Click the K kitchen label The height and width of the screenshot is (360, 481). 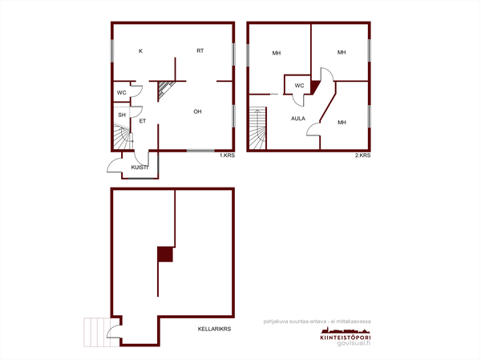click(140, 51)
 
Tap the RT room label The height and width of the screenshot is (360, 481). click(200, 51)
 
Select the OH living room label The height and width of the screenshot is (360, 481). click(197, 111)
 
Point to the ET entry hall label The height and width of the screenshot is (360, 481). click(143, 121)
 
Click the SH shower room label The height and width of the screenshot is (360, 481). click(122, 115)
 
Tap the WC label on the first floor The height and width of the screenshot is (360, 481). click(122, 92)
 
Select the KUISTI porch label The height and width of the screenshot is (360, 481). click(139, 168)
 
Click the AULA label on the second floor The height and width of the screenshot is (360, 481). click(298, 119)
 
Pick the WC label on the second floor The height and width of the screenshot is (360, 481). click(299, 85)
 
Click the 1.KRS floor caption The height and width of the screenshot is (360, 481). click(227, 156)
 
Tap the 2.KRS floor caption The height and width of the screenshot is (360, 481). click(363, 156)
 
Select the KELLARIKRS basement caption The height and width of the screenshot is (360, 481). click(214, 329)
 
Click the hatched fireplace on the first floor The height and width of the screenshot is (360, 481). click(165, 91)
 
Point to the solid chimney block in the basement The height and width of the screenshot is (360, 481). click(165, 254)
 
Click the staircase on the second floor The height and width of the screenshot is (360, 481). click(257, 128)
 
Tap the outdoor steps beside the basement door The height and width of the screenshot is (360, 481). click(101, 333)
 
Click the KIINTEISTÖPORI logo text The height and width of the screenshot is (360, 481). click(346, 338)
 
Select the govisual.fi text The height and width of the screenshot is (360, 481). click(354, 343)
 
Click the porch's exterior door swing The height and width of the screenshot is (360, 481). click(115, 165)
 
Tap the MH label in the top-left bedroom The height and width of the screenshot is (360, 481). click(277, 53)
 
